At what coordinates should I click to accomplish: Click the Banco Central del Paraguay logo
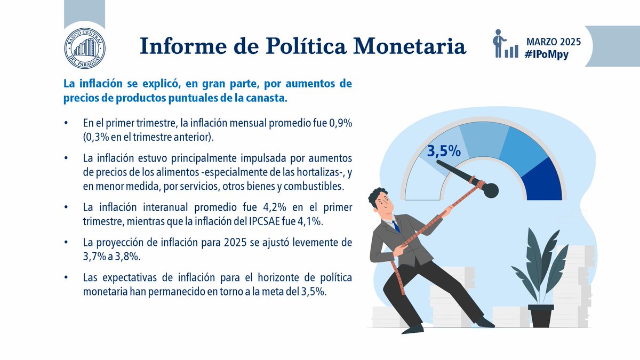[84, 47]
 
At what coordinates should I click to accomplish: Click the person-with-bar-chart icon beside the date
[504, 44]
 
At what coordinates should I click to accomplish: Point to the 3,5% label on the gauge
[444, 151]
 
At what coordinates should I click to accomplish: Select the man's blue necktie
[396, 227]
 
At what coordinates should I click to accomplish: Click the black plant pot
[540, 315]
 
